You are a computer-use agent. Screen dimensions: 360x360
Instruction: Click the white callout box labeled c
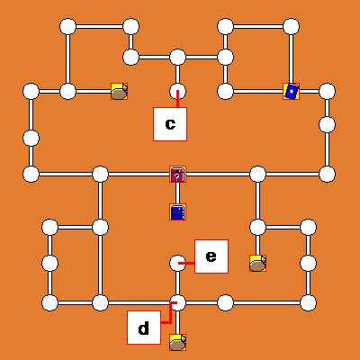[170, 124]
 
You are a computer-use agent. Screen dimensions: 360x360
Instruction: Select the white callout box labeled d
[144, 328]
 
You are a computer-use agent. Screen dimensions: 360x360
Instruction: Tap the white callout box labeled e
[211, 256]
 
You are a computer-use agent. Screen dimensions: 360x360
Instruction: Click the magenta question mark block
[177, 175]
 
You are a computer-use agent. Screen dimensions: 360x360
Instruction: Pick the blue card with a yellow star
[291, 92]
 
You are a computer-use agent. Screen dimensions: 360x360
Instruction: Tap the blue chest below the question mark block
[177, 212]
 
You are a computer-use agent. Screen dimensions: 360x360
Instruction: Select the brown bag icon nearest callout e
[257, 263]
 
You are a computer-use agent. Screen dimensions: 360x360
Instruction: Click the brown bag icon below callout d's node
[177, 343]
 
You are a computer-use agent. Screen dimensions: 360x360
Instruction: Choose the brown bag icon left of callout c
[120, 92]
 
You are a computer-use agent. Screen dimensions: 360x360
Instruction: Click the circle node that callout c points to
[177, 92]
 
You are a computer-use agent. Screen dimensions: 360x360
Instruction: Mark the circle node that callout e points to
[177, 263]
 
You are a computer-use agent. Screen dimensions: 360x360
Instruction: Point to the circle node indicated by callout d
[177, 302]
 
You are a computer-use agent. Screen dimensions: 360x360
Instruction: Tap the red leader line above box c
[177, 99]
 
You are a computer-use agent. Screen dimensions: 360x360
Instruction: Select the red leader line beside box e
[186, 264]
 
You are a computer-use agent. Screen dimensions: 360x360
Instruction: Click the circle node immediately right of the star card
[327, 92]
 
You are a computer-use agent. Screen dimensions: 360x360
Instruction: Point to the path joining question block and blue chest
[177, 193]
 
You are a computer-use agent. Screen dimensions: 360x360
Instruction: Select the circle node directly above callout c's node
[177, 58]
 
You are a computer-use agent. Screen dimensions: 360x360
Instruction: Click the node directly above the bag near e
[257, 227]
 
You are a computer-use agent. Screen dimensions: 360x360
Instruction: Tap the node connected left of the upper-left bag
[68, 92]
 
